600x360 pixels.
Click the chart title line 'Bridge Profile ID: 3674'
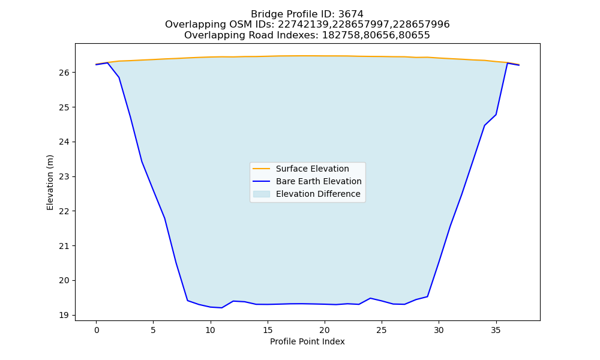coord(307,14)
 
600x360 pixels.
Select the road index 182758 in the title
coord(339,35)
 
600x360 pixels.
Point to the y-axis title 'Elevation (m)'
coord(50,182)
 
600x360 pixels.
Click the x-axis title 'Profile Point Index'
coord(307,341)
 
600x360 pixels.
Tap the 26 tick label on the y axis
coord(64,73)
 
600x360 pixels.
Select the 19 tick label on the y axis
coord(64,315)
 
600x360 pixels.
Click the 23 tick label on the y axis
coord(64,177)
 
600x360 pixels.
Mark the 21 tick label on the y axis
coord(64,246)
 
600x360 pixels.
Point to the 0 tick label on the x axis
coord(97,330)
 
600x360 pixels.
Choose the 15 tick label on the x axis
coord(268,330)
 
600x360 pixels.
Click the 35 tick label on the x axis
coord(496,330)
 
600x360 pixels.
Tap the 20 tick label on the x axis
coord(325,330)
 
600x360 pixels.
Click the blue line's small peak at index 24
coord(370,298)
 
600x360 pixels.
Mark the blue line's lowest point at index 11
coord(222,308)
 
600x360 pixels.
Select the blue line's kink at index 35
coord(496,115)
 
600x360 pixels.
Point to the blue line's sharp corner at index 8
coord(187,301)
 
